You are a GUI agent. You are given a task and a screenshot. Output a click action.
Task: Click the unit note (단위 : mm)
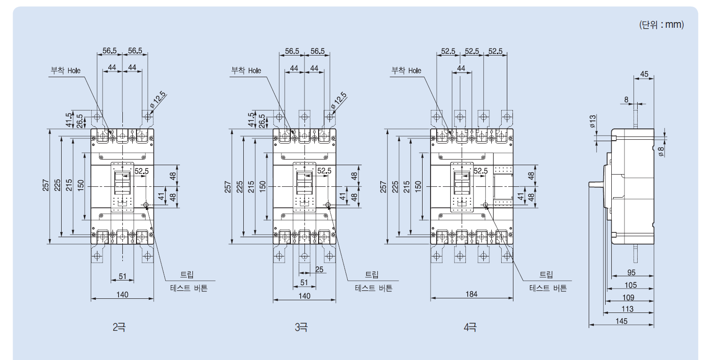(662, 24)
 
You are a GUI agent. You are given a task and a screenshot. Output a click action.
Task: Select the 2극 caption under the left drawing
(119, 327)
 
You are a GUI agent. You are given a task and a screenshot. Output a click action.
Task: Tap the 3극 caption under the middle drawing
(301, 327)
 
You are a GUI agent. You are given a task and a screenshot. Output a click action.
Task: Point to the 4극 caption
(470, 327)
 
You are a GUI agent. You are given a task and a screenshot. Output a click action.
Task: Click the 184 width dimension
(472, 294)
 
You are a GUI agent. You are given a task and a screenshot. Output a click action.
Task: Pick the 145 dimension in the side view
(621, 321)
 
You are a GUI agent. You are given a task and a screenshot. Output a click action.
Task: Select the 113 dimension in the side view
(627, 309)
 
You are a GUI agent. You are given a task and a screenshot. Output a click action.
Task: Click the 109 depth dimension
(628, 297)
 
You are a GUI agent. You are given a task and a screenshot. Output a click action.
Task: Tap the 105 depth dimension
(631, 285)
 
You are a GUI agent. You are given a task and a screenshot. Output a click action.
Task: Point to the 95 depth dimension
(631, 272)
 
